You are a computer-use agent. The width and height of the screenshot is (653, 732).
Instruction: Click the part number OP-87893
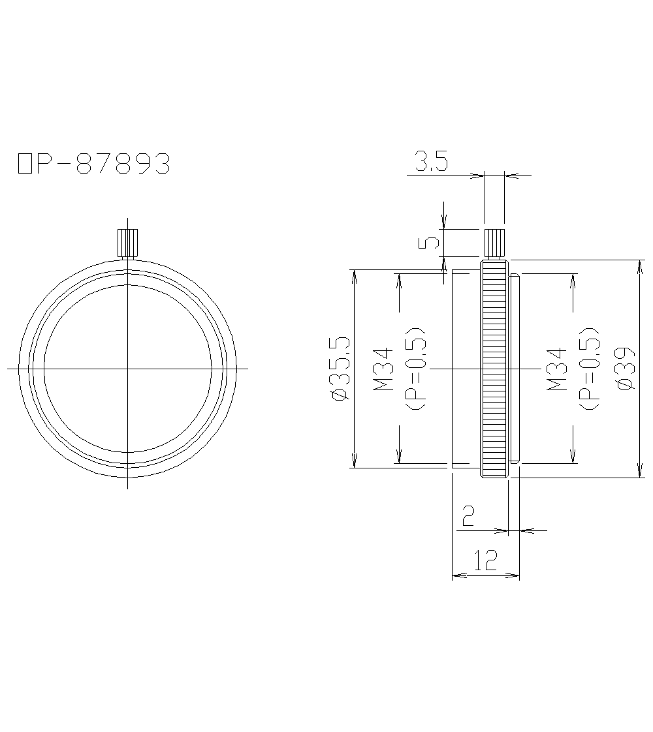(93, 164)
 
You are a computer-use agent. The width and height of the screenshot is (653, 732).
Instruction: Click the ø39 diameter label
(625, 369)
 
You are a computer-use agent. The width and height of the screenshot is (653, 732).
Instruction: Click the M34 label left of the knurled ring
(383, 369)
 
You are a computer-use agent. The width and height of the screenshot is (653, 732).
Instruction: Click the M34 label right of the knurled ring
(557, 369)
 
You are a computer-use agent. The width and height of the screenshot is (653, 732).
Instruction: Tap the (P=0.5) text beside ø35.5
(416, 369)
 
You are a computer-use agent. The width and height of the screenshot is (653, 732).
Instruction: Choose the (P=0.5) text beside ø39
(590, 369)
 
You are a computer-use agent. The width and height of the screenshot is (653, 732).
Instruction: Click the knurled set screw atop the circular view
(127, 243)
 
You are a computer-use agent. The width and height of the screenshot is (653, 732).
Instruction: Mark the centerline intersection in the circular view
(127, 369)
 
